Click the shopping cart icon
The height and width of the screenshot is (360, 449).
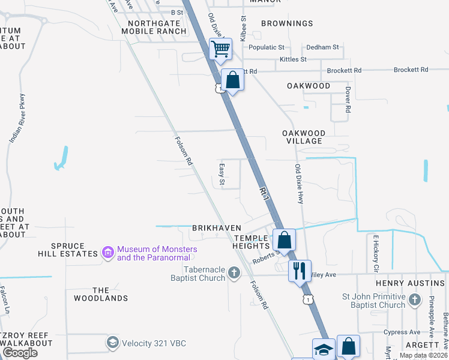click(221, 49)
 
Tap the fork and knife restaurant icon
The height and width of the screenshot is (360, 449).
click(300, 270)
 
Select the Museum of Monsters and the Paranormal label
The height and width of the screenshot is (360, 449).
click(154, 253)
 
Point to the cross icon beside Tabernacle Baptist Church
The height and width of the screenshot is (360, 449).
click(234, 274)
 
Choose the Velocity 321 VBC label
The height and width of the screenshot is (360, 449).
click(154, 343)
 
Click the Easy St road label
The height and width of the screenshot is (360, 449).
click(221, 174)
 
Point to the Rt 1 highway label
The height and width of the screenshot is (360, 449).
click(264, 192)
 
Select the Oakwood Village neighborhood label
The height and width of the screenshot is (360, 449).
click(304, 137)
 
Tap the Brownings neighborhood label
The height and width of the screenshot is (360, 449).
click(288, 23)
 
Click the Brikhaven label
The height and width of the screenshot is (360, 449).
click(217, 228)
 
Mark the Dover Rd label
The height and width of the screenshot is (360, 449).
click(348, 100)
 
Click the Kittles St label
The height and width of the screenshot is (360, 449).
click(293, 59)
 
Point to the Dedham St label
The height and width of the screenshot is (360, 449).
click(322, 47)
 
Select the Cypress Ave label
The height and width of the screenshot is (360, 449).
click(402, 332)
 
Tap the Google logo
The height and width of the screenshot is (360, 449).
click(20, 353)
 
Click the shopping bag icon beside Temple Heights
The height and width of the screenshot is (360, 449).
click(284, 239)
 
